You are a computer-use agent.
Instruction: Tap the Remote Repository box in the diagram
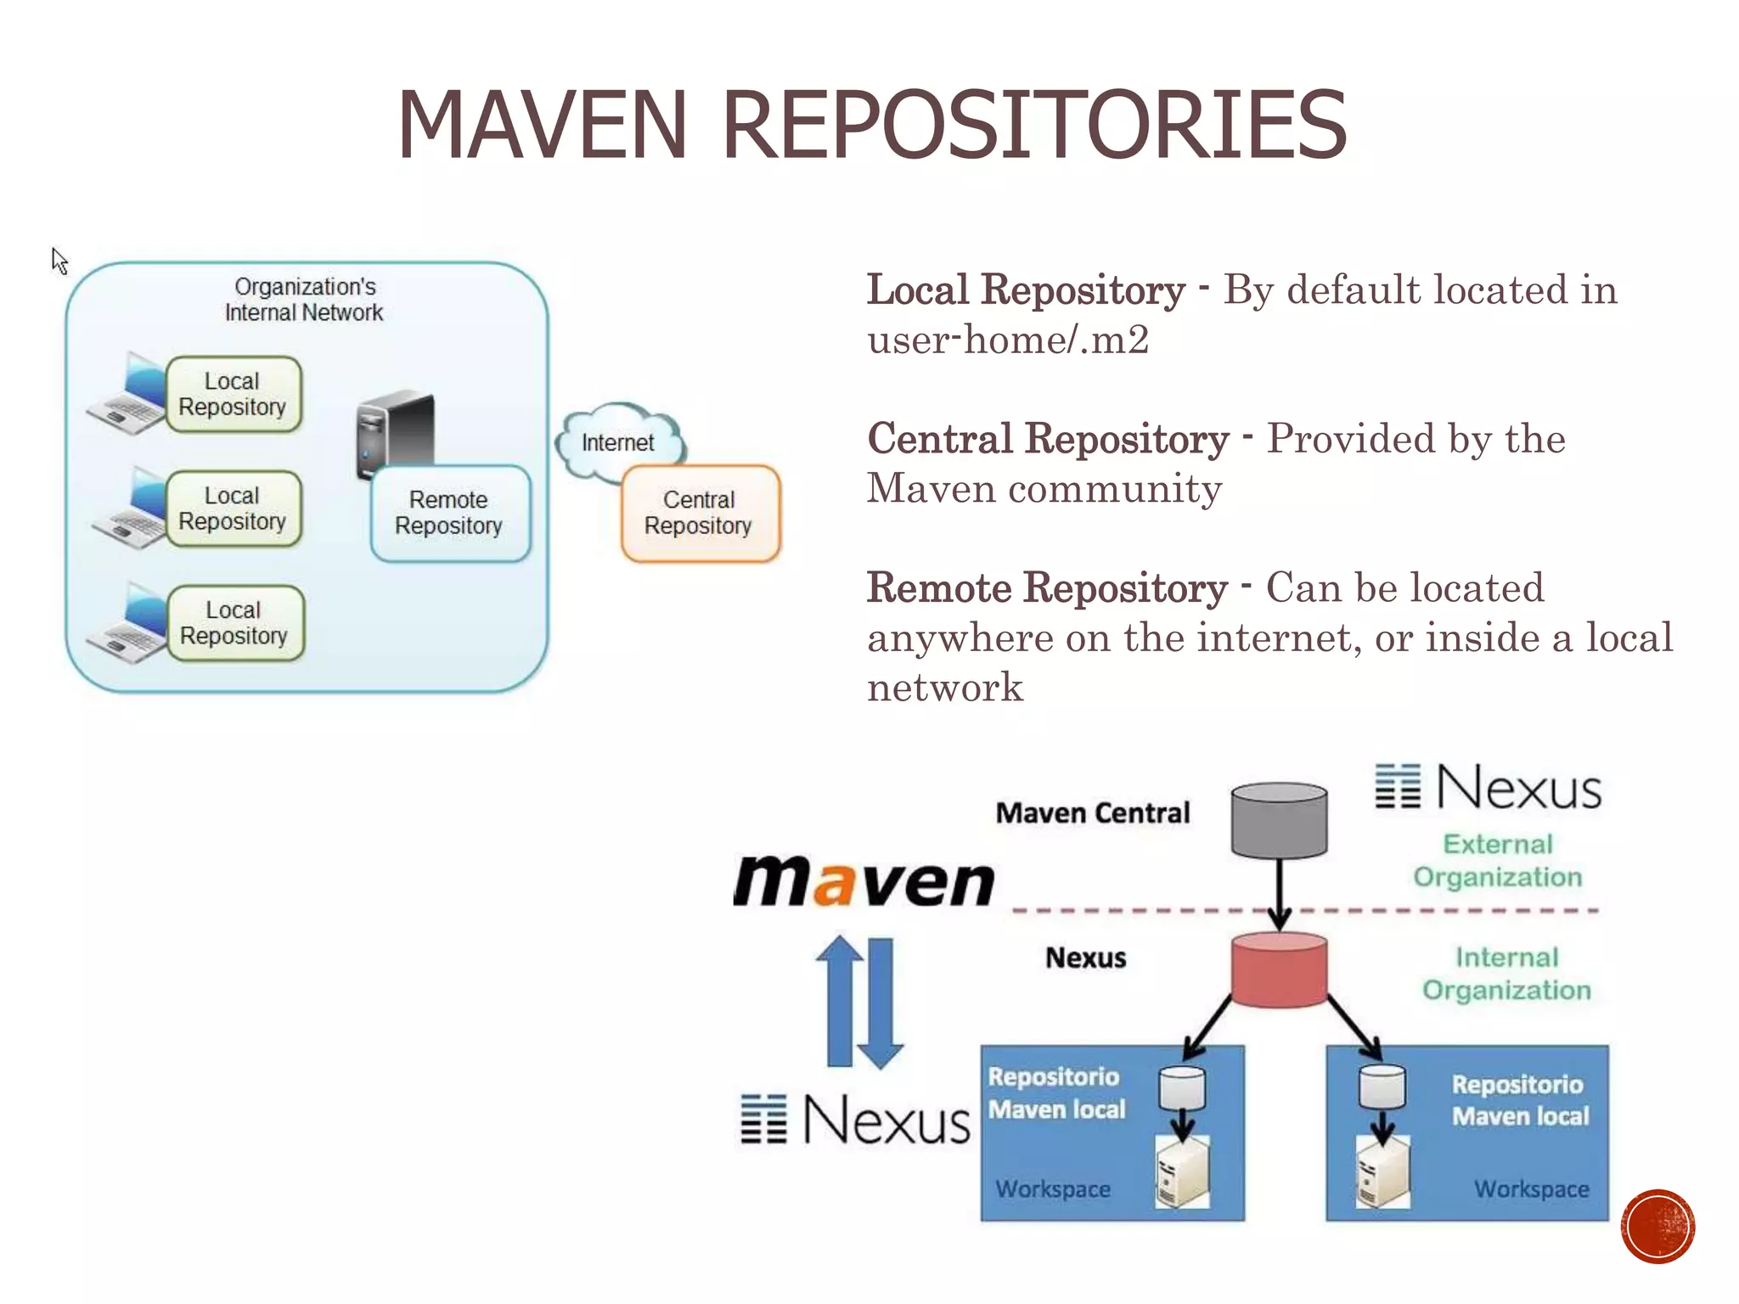pyautogui.click(x=450, y=513)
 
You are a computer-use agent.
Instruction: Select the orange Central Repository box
pyautogui.click(x=700, y=513)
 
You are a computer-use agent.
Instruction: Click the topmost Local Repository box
pyautogui.click(x=233, y=394)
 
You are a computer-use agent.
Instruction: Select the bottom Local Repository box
pyautogui.click(x=234, y=623)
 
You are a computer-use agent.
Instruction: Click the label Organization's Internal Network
pyautogui.click(x=304, y=300)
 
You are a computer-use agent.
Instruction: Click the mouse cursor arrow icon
pyautogui.click(x=59, y=261)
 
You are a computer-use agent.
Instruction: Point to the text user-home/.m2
pyautogui.click(x=1007, y=340)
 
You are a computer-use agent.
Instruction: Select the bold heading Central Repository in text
pyautogui.click(x=1048, y=439)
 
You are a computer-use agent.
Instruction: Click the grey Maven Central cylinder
pyautogui.click(x=1279, y=820)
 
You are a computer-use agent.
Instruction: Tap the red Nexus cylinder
pyautogui.click(x=1279, y=969)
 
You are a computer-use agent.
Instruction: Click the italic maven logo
pyautogui.click(x=864, y=881)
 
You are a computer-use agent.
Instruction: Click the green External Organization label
pyautogui.click(x=1498, y=860)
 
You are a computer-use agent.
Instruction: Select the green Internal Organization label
pyautogui.click(x=1506, y=974)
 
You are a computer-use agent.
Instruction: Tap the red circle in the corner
pyautogui.click(x=1657, y=1227)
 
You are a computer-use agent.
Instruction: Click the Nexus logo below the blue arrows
pyautogui.click(x=856, y=1119)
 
